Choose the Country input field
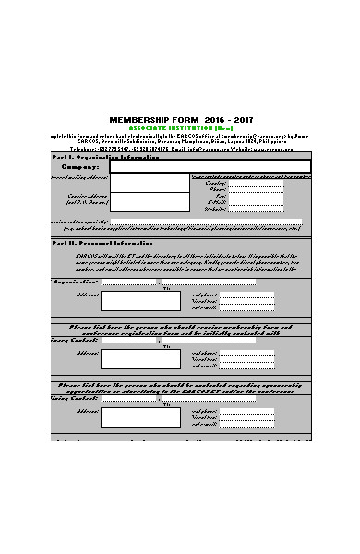pyautogui.click(x=256, y=183)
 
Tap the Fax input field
pyautogui.click(x=256, y=196)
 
